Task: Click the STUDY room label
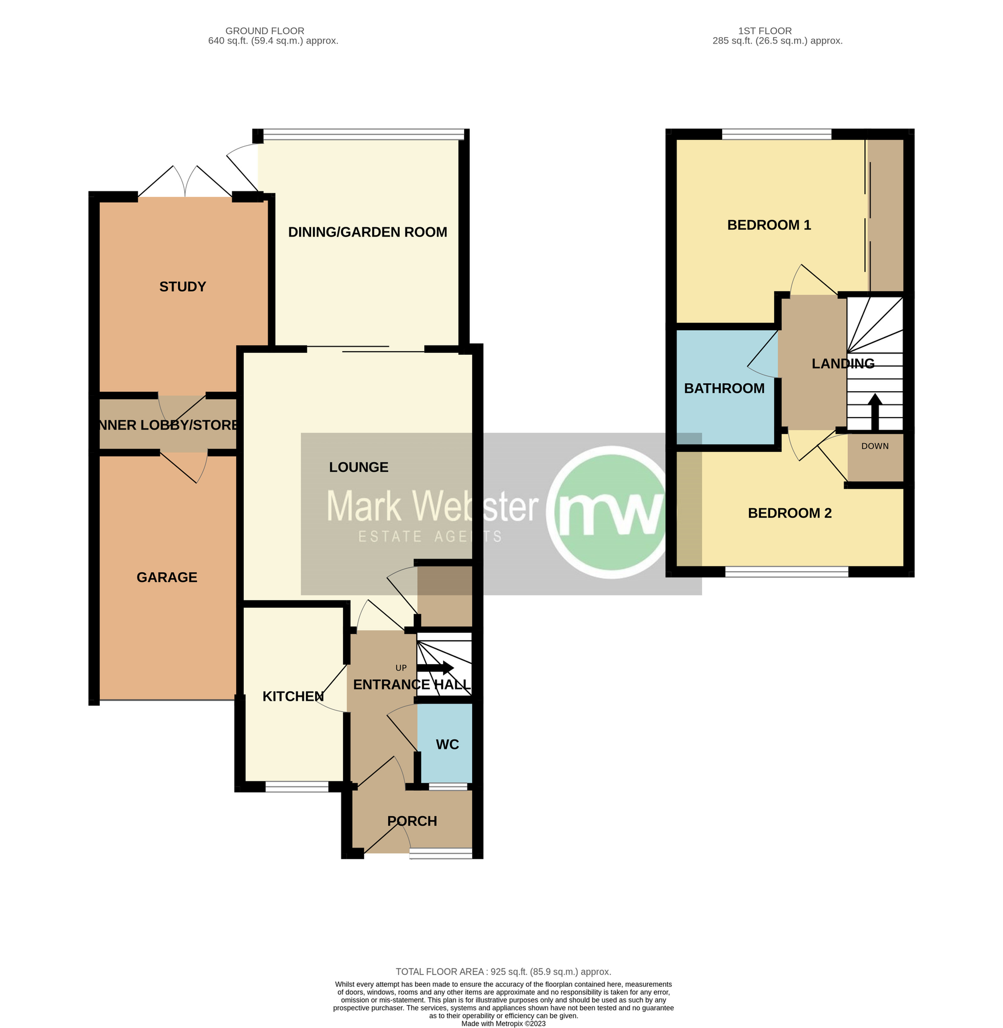tap(182, 287)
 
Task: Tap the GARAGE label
tap(167, 577)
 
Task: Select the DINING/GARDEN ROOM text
tap(367, 232)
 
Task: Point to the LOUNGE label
tap(358, 467)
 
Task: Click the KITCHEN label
tap(293, 696)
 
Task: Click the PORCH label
tap(412, 821)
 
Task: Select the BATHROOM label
tap(724, 388)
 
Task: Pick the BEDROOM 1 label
tap(768, 225)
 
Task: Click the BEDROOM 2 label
tap(789, 513)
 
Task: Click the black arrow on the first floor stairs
tap(875, 411)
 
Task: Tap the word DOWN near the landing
tap(875, 446)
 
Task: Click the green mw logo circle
tap(611, 511)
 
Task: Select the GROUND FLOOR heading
tap(264, 31)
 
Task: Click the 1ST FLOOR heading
tap(764, 31)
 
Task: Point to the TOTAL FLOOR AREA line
tap(503, 971)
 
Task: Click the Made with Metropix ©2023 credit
tap(503, 1023)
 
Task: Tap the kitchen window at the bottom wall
tap(297, 786)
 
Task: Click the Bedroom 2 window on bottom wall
tap(786, 572)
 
